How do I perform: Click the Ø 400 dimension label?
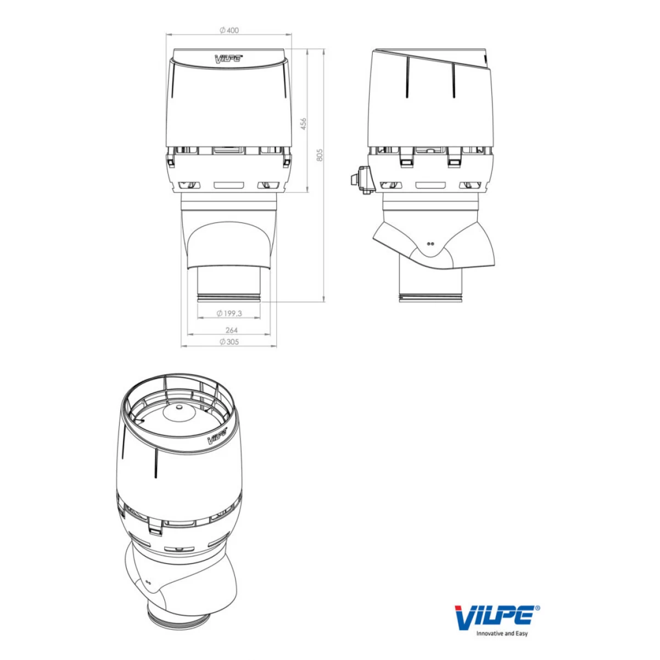point(229,31)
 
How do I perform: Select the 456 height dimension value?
point(304,124)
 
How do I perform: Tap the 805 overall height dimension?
point(320,155)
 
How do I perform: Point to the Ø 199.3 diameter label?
point(229,313)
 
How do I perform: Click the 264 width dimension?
point(232,330)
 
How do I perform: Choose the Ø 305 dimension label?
point(229,342)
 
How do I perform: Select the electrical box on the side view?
point(362,179)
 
